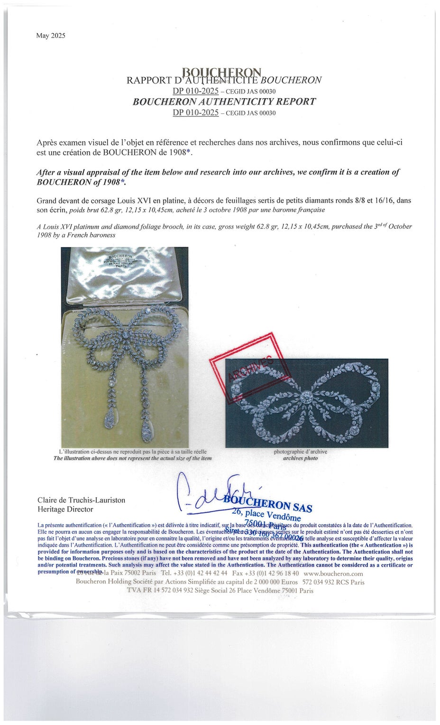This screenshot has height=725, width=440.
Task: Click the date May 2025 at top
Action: coord(51,36)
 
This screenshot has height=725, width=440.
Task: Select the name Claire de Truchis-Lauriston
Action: coord(81,500)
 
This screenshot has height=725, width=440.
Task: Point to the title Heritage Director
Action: coord(65,509)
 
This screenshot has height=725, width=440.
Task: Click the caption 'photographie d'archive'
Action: coord(300,452)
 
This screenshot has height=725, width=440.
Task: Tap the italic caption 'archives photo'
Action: coord(300,458)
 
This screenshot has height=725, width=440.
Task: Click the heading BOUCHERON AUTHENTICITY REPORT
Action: coord(224,102)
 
